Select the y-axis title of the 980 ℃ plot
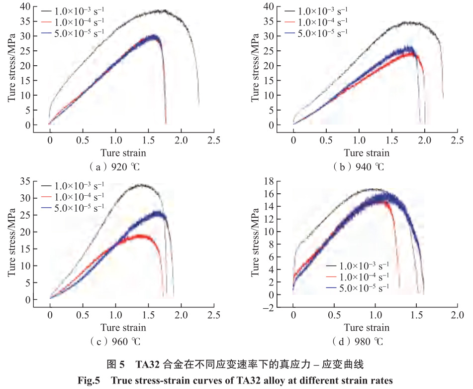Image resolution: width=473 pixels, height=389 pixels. tap(255, 246)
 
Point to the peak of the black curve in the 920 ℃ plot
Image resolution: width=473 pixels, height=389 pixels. tap(162, 10)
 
